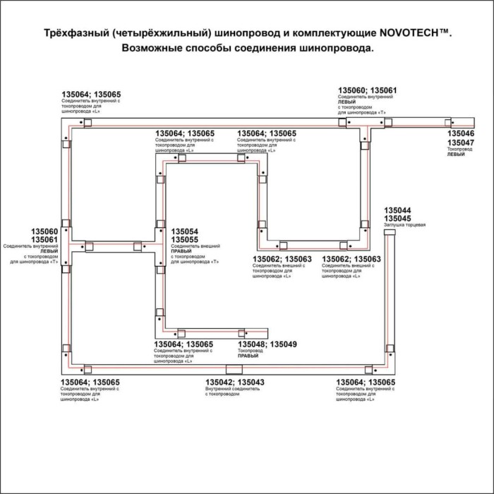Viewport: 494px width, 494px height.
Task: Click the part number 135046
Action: pyautogui.click(x=461, y=133)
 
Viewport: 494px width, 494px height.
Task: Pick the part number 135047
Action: pyautogui.click(x=461, y=143)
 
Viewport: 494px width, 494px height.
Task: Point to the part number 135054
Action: pyautogui.click(x=185, y=231)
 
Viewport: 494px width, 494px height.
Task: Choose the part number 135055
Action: pyautogui.click(x=185, y=240)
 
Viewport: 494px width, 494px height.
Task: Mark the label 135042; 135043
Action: pyautogui.click(x=235, y=382)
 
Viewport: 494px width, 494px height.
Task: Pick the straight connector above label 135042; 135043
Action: pyautogui.click(x=232, y=369)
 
